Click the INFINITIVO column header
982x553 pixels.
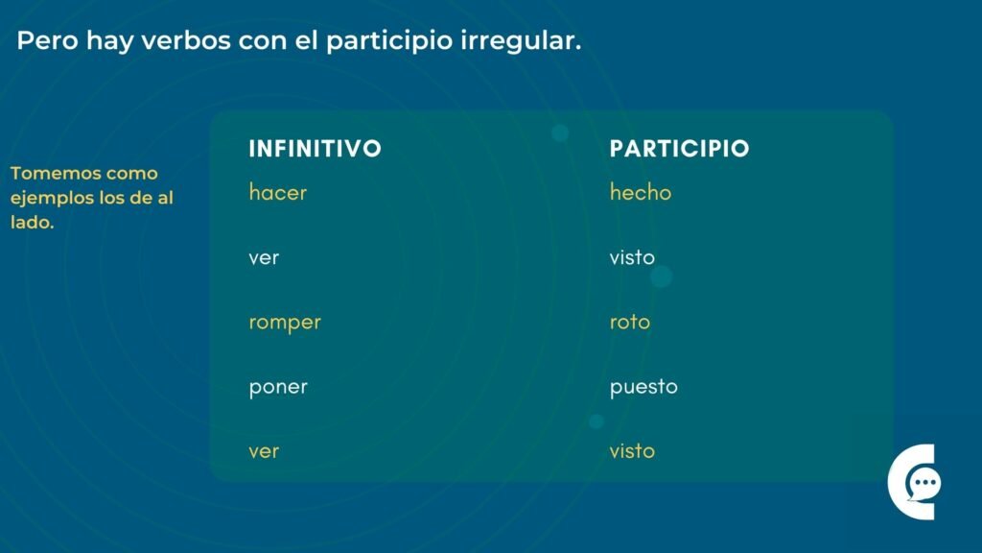pyautogui.click(x=315, y=149)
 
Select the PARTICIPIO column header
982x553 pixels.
pyautogui.click(x=680, y=149)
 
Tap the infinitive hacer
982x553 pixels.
pyautogui.click(x=277, y=192)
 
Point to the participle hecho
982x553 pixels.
pyautogui.click(x=640, y=192)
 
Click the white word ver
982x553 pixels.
pyautogui.click(x=264, y=257)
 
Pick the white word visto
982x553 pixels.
pyautogui.click(x=632, y=257)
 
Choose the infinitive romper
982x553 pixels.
pyautogui.click(x=284, y=323)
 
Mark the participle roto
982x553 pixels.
pyautogui.click(x=629, y=323)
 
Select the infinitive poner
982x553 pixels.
pyautogui.click(x=278, y=388)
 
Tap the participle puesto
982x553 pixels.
pyautogui.click(x=643, y=387)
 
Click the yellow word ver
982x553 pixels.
pyautogui.click(x=264, y=451)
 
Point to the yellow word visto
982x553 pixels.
pyautogui.click(x=632, y=451)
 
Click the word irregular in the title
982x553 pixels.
pyautogui.click(x=521, y=41)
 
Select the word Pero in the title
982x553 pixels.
pyautogui.click(x=48, y=40)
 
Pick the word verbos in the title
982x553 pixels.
pyautogui.click(x=186, y=40)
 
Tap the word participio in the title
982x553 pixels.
pyautogui.click(x=389, y=41)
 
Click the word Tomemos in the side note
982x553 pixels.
pyautogui.click(x=54, y=173)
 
